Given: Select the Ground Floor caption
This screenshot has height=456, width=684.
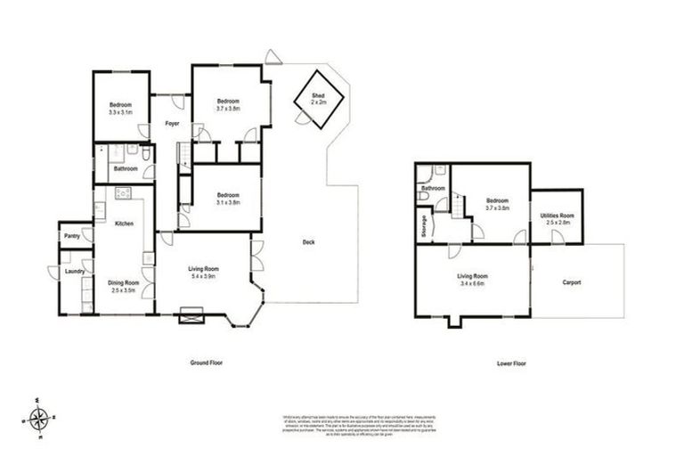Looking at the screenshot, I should (x=207, y=363).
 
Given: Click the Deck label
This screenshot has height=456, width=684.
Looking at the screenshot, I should (x=308, y=241).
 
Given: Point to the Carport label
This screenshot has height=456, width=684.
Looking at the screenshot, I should (x=571, y=282).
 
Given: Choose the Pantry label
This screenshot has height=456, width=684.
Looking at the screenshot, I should (x=72, y=235).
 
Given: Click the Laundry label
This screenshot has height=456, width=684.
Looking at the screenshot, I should (x=75, y=272).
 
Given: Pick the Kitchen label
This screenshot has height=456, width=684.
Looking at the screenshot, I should (x=124, y=224).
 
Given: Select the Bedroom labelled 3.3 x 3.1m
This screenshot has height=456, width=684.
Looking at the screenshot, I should (x=120, y=109).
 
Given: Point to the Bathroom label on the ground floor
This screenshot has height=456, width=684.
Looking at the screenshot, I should (x=125, y=168).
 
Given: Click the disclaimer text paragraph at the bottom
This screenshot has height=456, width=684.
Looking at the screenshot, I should (x=342, y=422).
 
